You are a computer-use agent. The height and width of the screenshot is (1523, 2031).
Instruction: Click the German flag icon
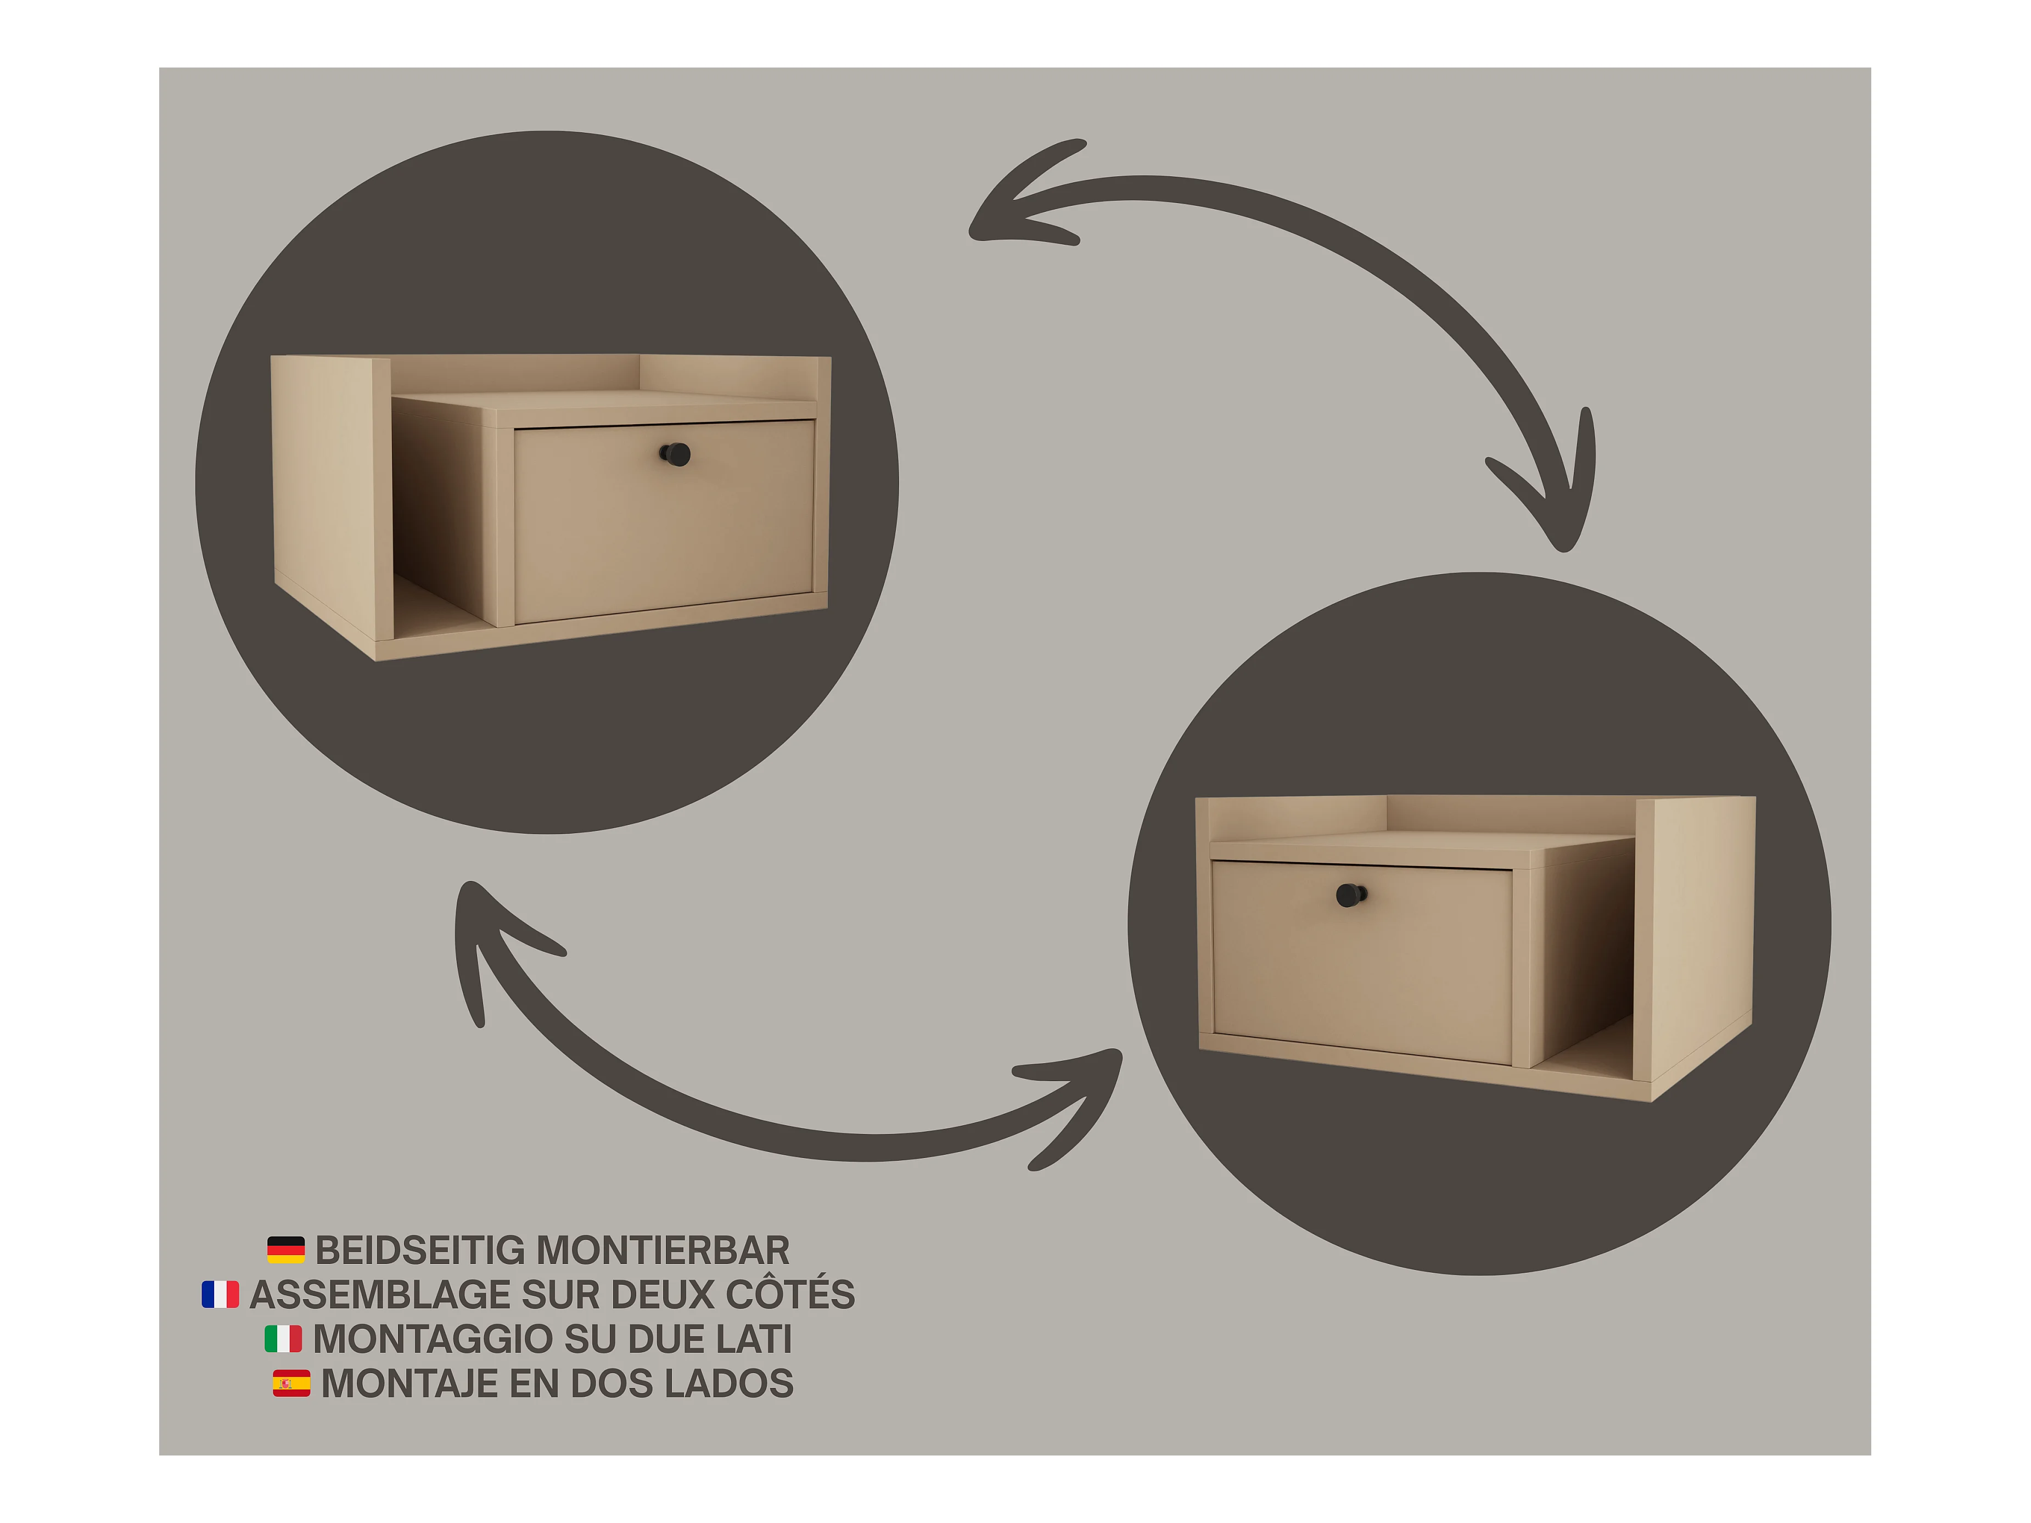click(285, 1250)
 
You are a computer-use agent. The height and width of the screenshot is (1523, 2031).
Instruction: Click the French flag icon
click(220, 1294)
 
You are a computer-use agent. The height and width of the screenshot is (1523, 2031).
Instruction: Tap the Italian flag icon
click(283, 1339)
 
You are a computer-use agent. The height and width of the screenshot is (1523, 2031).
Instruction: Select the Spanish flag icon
click(291, 1384)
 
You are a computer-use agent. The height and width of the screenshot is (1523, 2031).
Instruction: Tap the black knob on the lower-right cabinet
click(1351, 894)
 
